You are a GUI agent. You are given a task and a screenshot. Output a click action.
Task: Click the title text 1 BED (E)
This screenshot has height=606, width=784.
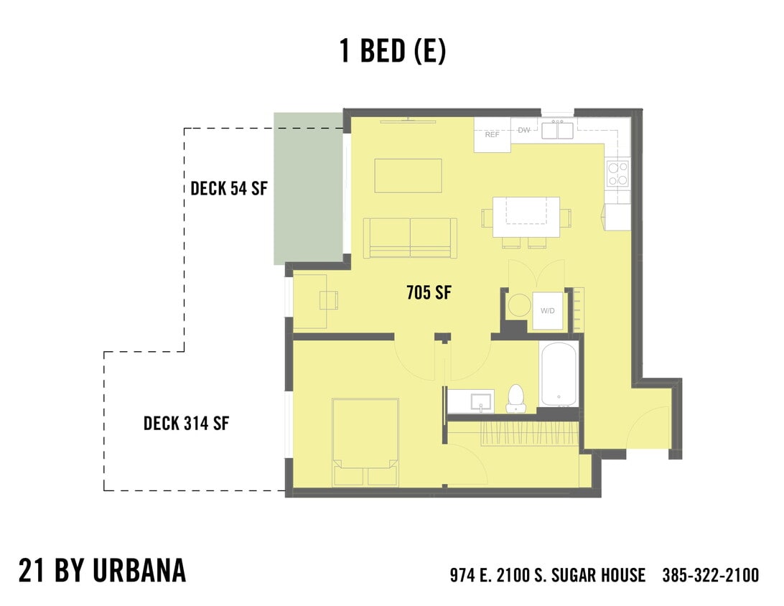point(392,52)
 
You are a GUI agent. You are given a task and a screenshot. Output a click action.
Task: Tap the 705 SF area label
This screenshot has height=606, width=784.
point(429,293)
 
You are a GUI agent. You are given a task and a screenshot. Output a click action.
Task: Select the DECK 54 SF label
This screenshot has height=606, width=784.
point(228,189)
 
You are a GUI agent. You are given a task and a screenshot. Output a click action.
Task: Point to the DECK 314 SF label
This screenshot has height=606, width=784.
point(186,423)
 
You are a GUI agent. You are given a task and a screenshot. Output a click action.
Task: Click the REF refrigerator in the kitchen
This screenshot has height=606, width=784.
point(492,135)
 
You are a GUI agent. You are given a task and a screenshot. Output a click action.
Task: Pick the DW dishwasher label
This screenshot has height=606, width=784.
point(524,131)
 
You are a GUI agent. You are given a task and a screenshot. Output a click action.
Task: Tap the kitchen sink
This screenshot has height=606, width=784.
point(556,130)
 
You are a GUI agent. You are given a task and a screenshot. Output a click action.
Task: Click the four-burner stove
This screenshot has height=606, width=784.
point(617,173)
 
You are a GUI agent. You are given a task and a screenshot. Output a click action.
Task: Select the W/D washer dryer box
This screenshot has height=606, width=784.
point(548,311)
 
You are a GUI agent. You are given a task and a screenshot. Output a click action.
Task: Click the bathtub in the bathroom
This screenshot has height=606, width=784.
point(559,374)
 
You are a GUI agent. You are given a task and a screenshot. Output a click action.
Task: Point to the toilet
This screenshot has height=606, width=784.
point(515,398)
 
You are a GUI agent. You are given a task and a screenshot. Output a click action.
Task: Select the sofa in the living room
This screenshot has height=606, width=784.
point(410,238)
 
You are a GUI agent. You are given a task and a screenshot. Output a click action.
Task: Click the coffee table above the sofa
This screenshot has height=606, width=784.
point(408,175)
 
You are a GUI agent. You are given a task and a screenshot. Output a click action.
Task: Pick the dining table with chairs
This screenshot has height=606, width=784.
point(526,217)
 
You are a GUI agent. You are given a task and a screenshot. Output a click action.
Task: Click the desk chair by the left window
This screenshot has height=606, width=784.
point(329,300)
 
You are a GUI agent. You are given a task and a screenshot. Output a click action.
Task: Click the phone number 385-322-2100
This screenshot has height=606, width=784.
point(710,575)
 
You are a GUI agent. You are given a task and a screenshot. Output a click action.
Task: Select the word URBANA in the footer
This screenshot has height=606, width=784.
point(139,570)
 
